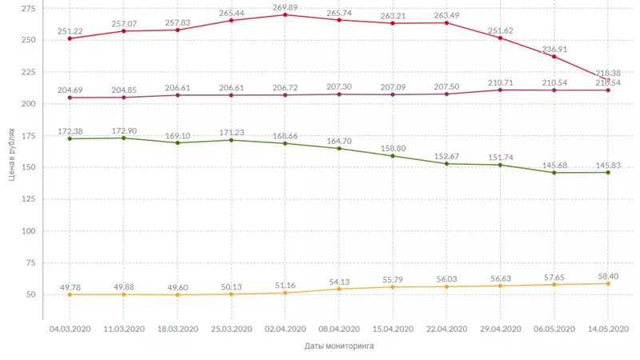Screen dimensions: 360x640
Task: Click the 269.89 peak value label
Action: (x=286, y=6)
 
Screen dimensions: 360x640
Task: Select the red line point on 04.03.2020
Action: (x=70, y=38)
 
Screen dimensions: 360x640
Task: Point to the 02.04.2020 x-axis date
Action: (x=286, y=329)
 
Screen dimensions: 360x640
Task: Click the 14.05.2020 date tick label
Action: (x=608, y=329)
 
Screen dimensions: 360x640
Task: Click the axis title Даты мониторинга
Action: (x=338, y=346)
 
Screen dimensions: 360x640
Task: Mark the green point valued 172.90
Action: (x=123, y=138)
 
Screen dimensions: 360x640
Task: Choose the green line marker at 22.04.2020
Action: (x=446, y=163)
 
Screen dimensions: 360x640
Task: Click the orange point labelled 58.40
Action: (x=608, y=283)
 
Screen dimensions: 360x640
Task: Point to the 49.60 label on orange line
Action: (x=178, y=286)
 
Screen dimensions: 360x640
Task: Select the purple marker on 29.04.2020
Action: (x=500, y=90)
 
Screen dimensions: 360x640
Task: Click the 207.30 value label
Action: (x=339, y=86)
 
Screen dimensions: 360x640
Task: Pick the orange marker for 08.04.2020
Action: (x=339, y=289)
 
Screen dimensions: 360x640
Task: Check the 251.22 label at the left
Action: (x=70, y=30)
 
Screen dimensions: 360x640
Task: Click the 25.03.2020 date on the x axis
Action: (x=231, y=329)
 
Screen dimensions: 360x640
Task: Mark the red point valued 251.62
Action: (x=500, y=38)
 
